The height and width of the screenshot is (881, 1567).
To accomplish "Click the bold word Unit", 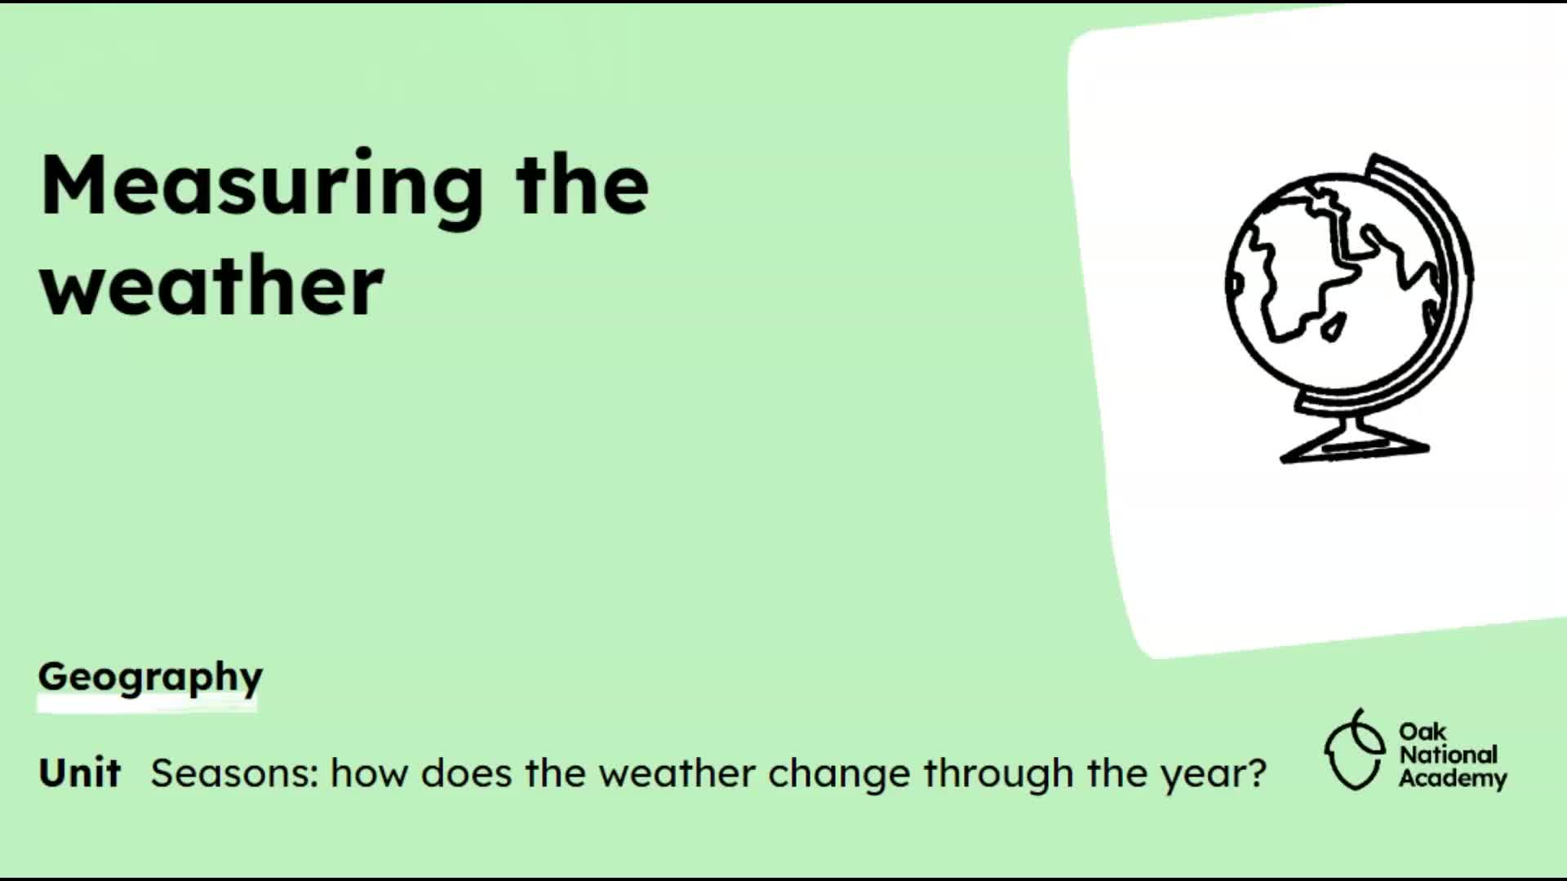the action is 79,772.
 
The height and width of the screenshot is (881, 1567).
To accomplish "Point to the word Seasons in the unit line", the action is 229,773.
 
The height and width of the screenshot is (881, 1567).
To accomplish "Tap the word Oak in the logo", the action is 1422,731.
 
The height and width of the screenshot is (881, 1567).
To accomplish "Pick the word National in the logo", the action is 1449,755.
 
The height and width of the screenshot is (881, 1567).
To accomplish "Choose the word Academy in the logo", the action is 1453,778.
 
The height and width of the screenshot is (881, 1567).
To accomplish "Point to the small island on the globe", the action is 1334,328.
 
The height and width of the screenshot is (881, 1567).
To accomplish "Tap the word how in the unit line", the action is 369,773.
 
